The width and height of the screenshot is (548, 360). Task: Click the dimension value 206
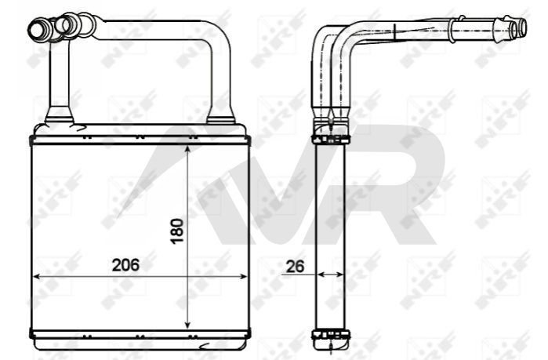[125, 265]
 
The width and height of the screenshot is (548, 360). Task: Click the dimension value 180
[177, 231]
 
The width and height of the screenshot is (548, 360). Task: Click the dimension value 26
[296, 267]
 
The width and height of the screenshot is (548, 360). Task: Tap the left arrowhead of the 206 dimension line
[36, 276]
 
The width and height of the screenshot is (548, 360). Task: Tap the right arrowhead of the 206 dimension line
[243, 276]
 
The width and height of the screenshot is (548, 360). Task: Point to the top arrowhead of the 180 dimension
[187, 151]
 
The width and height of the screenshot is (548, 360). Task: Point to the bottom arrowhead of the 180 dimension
[187, 325]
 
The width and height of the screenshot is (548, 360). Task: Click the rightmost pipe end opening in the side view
[522, 27]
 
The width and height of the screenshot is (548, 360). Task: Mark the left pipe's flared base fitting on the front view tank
[60, 115]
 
